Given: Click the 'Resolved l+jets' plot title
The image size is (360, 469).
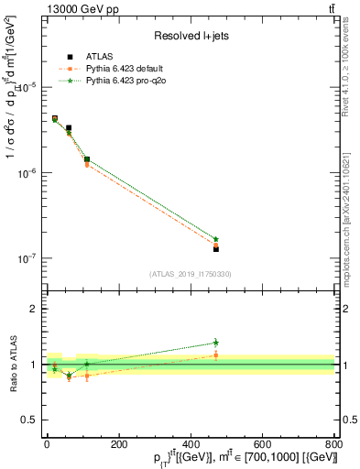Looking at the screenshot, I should coord(191,36).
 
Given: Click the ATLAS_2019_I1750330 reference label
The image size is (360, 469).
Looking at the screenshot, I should coord(191,274).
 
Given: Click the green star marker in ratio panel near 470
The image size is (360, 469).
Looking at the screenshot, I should coord(215,343).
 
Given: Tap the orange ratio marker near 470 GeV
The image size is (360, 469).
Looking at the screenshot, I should coord(215,354).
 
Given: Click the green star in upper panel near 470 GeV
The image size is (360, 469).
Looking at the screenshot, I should coord(215,239).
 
